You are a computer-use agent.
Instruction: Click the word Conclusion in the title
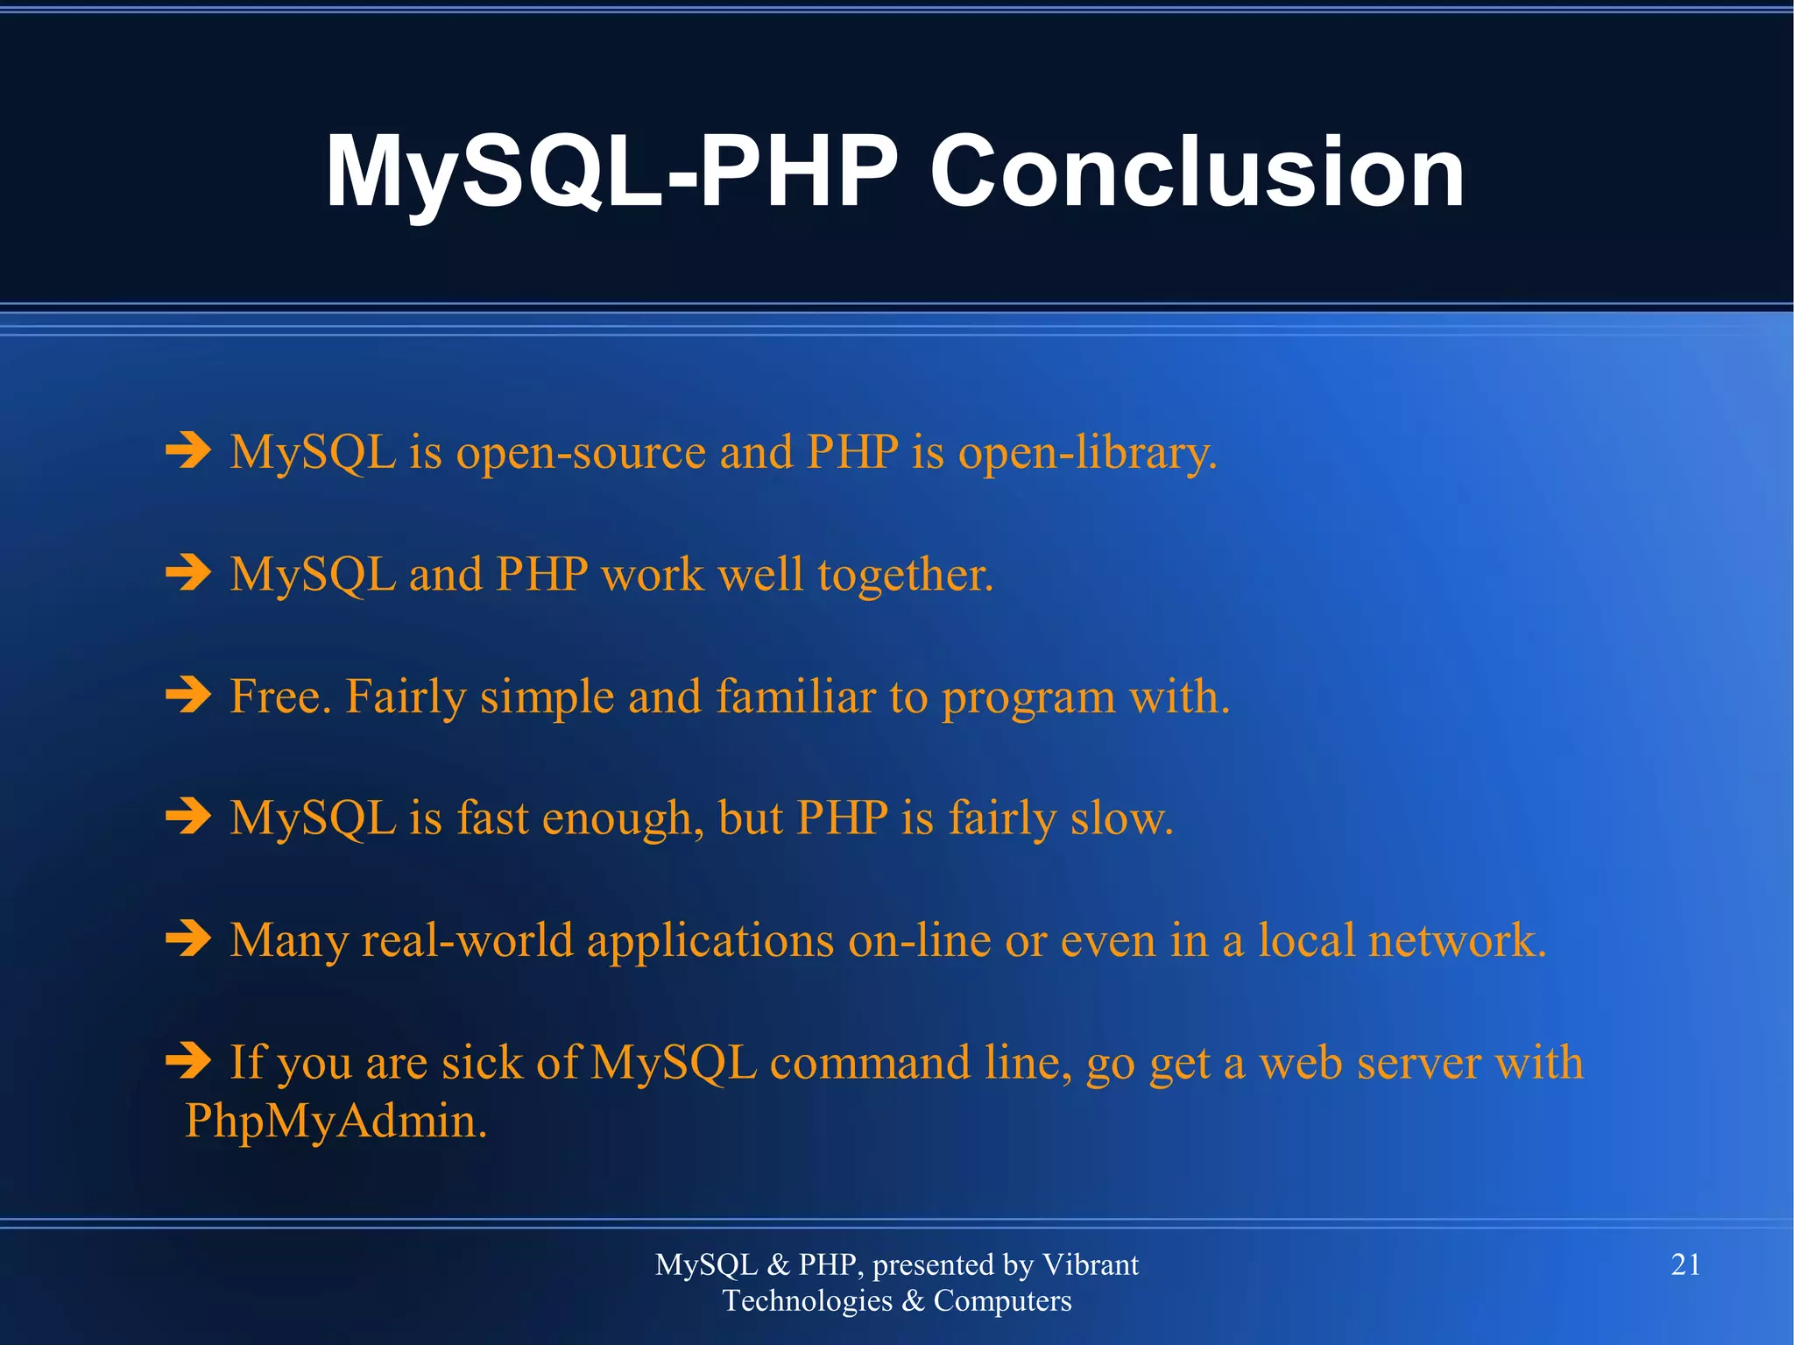1197,172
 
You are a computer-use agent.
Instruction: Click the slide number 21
1685,1264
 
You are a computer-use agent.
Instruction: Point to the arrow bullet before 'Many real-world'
188,938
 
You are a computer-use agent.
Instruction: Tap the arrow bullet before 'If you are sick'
188,1060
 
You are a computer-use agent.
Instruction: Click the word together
906,576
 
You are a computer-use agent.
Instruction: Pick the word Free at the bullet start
280,697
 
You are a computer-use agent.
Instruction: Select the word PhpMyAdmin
335,1121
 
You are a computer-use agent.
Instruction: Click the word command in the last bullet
870,1062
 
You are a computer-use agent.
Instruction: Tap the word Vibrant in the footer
1090,1264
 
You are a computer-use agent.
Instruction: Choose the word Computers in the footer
1002,1301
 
